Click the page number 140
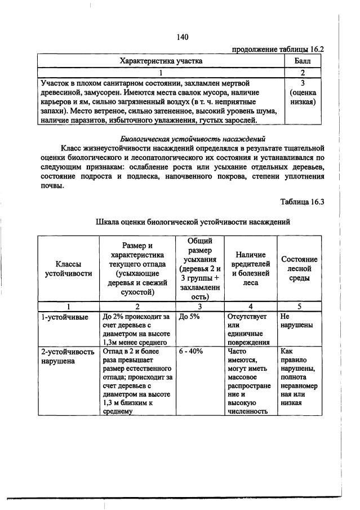[x=181, y=37]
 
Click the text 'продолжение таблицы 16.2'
[x=278, y=50]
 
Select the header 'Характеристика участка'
[x=161, y=61]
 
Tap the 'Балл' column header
[x=304, y=61]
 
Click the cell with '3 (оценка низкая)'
[x=304, y=93]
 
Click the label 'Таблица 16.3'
[x=303, y=201]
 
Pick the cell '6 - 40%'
[x=191, y=351]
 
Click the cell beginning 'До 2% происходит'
[x=136, y=329]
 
